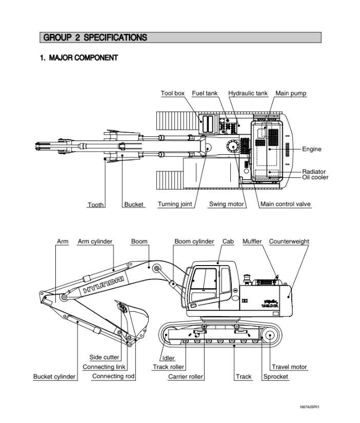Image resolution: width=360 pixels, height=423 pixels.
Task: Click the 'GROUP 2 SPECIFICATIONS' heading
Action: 95,37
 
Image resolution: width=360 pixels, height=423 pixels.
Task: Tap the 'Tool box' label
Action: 172,93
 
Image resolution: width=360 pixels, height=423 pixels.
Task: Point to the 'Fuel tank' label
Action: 205,93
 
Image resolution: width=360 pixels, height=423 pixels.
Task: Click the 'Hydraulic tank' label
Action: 248,93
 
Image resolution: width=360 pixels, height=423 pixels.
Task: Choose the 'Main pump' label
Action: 291,93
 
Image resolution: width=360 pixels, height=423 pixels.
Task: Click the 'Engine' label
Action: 311,149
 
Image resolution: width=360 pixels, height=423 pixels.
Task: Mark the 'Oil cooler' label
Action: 315,177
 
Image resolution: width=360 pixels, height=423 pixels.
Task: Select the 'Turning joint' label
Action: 174,204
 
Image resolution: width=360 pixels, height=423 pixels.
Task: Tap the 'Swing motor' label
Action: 227,204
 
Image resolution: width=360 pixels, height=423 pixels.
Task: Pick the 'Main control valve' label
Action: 286,204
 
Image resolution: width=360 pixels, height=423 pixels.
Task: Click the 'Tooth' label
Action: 95,205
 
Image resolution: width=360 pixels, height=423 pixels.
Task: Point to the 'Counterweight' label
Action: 289,241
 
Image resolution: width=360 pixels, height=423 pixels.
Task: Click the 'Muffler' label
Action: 252,241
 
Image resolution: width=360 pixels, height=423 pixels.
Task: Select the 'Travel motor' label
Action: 289,367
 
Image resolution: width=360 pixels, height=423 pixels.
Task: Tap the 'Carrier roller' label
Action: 186,377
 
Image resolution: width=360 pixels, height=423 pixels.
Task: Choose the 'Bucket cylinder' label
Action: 54,377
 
